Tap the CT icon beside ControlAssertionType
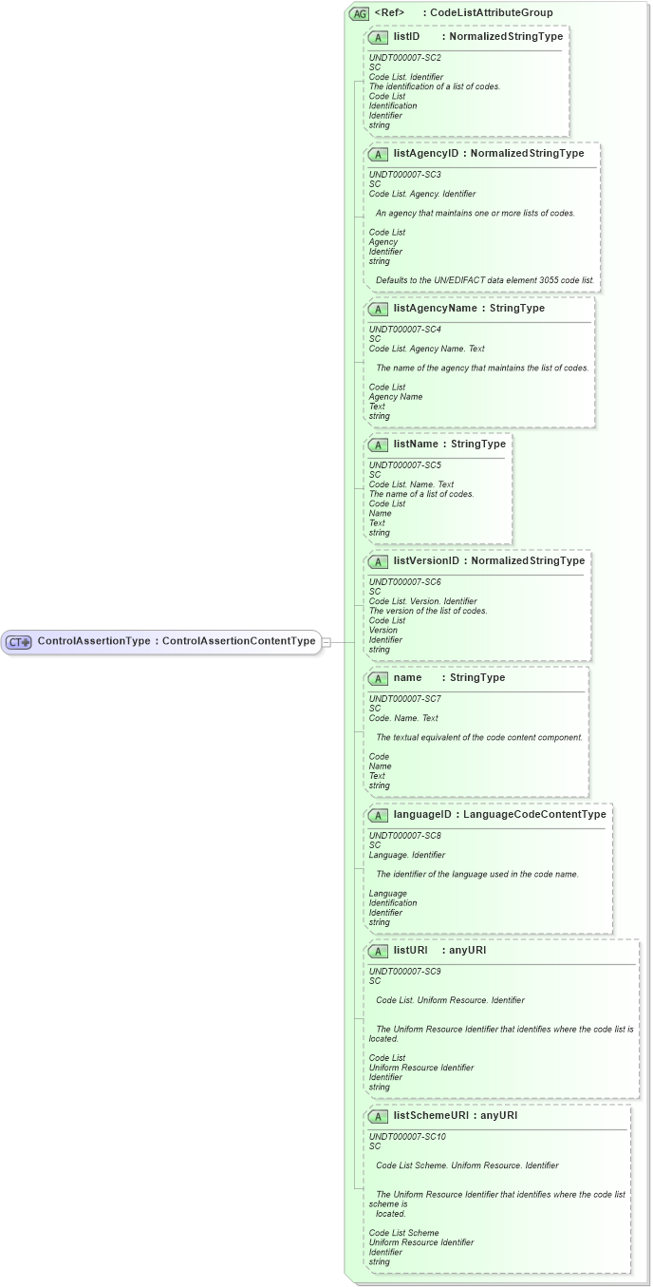point(19,642)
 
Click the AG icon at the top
point(360,13)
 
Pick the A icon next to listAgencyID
point(378,154)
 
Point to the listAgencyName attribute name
point(436,308)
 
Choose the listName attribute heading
point(416,444)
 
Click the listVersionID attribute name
point(426,560)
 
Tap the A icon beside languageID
point(378,815)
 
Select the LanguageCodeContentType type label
point(534,814)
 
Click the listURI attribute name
point(411,950)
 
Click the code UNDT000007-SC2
point(404,58)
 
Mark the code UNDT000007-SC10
point(406,1137)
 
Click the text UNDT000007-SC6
point(404,581)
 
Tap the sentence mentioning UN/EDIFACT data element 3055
point(484,280)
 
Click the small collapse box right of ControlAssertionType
point(326,642)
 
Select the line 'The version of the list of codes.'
point(428,611)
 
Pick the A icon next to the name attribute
point(378,678)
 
